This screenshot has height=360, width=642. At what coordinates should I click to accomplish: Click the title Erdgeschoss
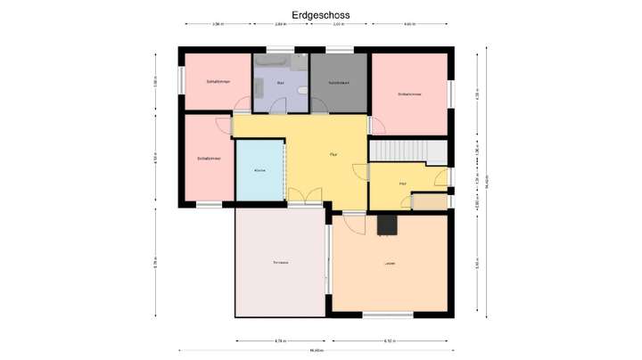coord(320,15)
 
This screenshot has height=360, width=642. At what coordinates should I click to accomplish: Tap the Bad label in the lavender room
coord(280,83)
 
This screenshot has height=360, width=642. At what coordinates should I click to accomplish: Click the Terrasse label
coord(280,263)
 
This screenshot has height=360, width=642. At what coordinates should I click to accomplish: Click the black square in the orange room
coord(387,225)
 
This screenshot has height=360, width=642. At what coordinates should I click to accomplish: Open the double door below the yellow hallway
coord(305,198)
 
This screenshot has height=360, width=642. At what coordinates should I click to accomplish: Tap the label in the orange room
coord(389,264)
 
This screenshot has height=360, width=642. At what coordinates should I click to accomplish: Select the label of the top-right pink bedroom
coord(409,94)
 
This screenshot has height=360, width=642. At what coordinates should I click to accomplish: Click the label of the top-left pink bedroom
coord(218,82)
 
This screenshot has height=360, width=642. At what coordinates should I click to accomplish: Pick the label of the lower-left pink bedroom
coord(209,159)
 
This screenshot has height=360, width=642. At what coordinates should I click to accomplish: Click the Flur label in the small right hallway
coord(403,184)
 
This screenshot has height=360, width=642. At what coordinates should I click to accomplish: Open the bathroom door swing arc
coord(277,105)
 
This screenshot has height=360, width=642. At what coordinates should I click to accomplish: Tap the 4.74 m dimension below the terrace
coord(279,340)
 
